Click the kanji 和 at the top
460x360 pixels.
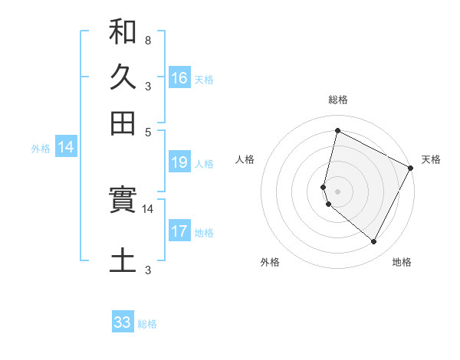tap(123, 32)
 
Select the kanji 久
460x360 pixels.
tap(123, 77)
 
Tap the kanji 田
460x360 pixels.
tap(123, 123)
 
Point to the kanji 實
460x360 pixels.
tap(123, 201)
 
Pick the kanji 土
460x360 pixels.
tap(123, 259)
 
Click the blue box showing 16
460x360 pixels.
tap(179, 77)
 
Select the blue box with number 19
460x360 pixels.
tap(179, 162)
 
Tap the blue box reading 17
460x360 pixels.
tap(179, 231)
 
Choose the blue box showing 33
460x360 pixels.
tap(123, 322)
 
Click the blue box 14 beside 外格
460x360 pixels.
tap(66, 148)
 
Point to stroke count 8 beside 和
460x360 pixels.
tap(147, 40)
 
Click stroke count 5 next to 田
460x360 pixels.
tap(147, 131)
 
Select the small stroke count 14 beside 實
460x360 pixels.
tap(147, 208)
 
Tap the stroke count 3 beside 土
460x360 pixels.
tap(147, 270)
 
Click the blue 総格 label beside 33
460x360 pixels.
tap(147, 324)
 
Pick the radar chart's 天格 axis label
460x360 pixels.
tap(431, 159)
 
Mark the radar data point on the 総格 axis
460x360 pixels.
tap(337, 130)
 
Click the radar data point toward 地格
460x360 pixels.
tap(373, 241)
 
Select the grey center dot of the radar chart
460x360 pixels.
tap(337, 191)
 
